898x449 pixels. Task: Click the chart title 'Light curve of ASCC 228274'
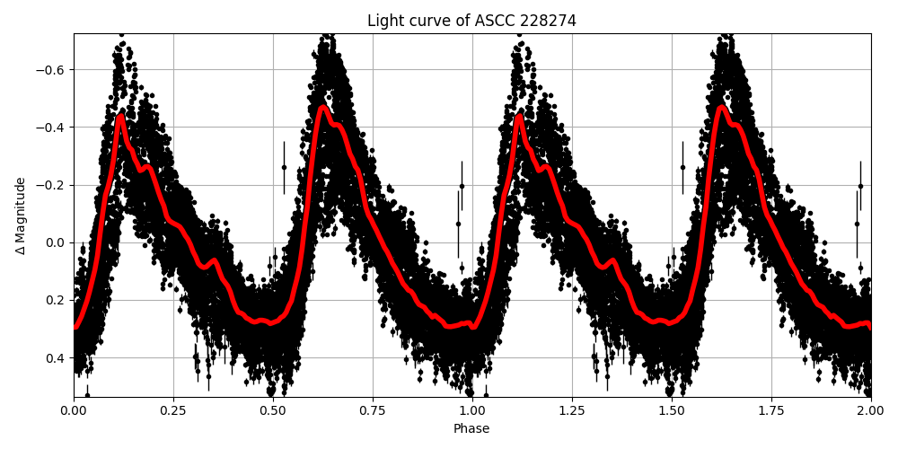[x=471, y=21]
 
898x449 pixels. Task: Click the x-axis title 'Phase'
[x=471, y=429]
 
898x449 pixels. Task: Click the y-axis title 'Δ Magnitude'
[x=21, y=216]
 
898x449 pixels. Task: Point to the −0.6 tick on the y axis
[x=52, y=70]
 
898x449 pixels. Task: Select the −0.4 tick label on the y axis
[x=52, y=128]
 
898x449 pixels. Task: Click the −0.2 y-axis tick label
[x=52, y=185]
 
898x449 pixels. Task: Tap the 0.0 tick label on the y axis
[x=57, y=242]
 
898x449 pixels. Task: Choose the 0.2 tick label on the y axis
[x=57, y=300]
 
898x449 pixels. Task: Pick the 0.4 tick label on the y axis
[x=57, y=357]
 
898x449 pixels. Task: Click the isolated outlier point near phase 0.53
[x=284, y=167]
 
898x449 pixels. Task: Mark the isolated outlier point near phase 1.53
[x=682, y=167]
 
